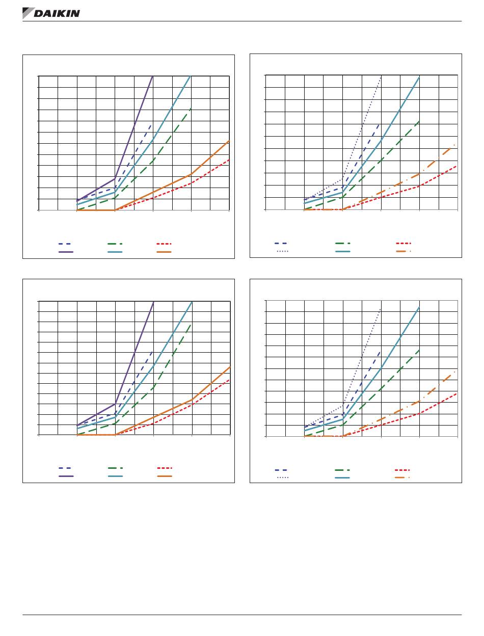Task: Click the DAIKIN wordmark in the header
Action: pos(57,14)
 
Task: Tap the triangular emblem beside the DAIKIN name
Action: pos(28,13)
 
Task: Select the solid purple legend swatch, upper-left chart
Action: pos(66,252)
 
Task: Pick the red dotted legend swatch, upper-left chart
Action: pos(165,244)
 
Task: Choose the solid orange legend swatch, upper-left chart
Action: pos(165,252)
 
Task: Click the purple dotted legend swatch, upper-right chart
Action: pos(282,251)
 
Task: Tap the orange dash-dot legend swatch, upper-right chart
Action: pos(403,251)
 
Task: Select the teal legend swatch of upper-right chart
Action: pos(343,251)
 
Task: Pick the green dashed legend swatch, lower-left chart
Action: pos(115,467)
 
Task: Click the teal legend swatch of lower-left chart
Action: pos(115,476)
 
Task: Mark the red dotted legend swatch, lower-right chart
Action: pos(403,470)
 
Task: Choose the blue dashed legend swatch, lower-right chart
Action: pos(281,470)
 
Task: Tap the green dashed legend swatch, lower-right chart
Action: pos(343,470)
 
